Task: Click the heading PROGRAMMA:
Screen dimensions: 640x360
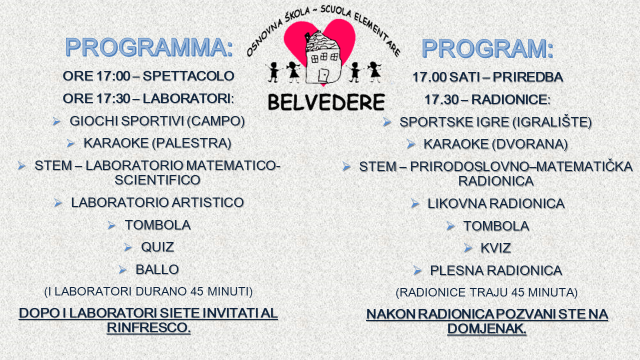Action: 149,47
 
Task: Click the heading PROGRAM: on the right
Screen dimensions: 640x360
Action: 487,49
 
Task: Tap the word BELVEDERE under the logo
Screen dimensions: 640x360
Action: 326,102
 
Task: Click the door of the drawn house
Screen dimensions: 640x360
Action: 323,75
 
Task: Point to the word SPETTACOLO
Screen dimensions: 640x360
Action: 188,76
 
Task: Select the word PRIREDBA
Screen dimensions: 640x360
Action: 527,77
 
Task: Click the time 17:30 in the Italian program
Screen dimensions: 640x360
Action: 113,98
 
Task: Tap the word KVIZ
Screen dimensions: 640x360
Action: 495,248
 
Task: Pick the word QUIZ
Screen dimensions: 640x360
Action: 157,247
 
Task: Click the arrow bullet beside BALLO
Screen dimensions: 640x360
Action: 122,269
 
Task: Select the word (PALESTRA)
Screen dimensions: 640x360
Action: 191,143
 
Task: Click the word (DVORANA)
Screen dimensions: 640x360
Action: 529,144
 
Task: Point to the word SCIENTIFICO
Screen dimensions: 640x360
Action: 157,180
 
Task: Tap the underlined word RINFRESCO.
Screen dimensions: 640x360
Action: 148,327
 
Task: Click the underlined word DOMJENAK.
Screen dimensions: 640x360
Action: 486,328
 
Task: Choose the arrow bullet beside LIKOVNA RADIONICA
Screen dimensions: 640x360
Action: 415,204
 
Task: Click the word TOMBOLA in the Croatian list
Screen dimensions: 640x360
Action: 496,226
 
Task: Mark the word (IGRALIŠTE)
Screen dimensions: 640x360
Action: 552,122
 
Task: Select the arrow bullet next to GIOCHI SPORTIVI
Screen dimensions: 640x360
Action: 56,121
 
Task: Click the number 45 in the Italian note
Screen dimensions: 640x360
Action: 197,291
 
